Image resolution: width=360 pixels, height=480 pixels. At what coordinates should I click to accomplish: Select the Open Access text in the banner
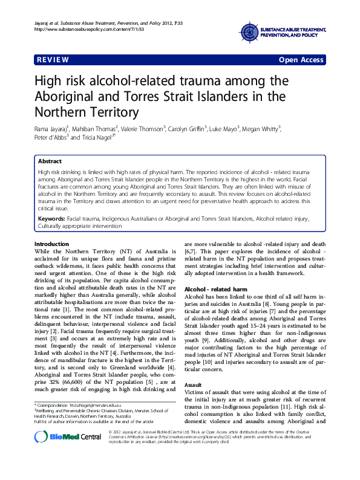(301, 60)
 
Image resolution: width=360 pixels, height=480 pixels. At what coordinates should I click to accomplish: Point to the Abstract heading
(50, 162)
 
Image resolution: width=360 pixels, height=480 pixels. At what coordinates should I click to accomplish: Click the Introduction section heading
(51, 244)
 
